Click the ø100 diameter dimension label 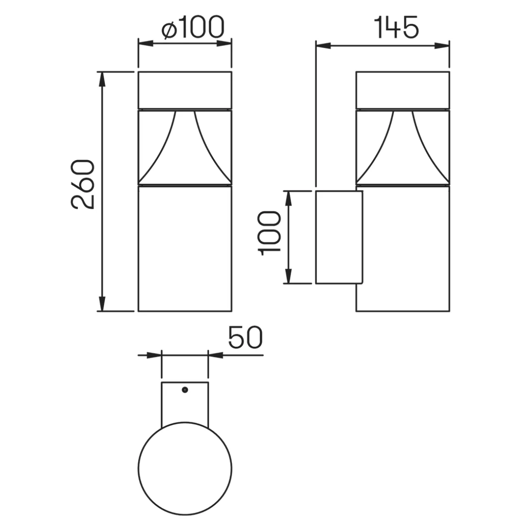tap(193, 28)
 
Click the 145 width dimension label tap(397, 28)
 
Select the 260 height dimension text tap(83, 184)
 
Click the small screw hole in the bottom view tap(184, 390)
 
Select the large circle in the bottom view tap(185, 469)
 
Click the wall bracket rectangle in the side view tap(339, 237)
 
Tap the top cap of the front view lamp tap(184, 90)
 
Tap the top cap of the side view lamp tap(402, 90)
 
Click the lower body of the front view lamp tap(184, 248)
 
